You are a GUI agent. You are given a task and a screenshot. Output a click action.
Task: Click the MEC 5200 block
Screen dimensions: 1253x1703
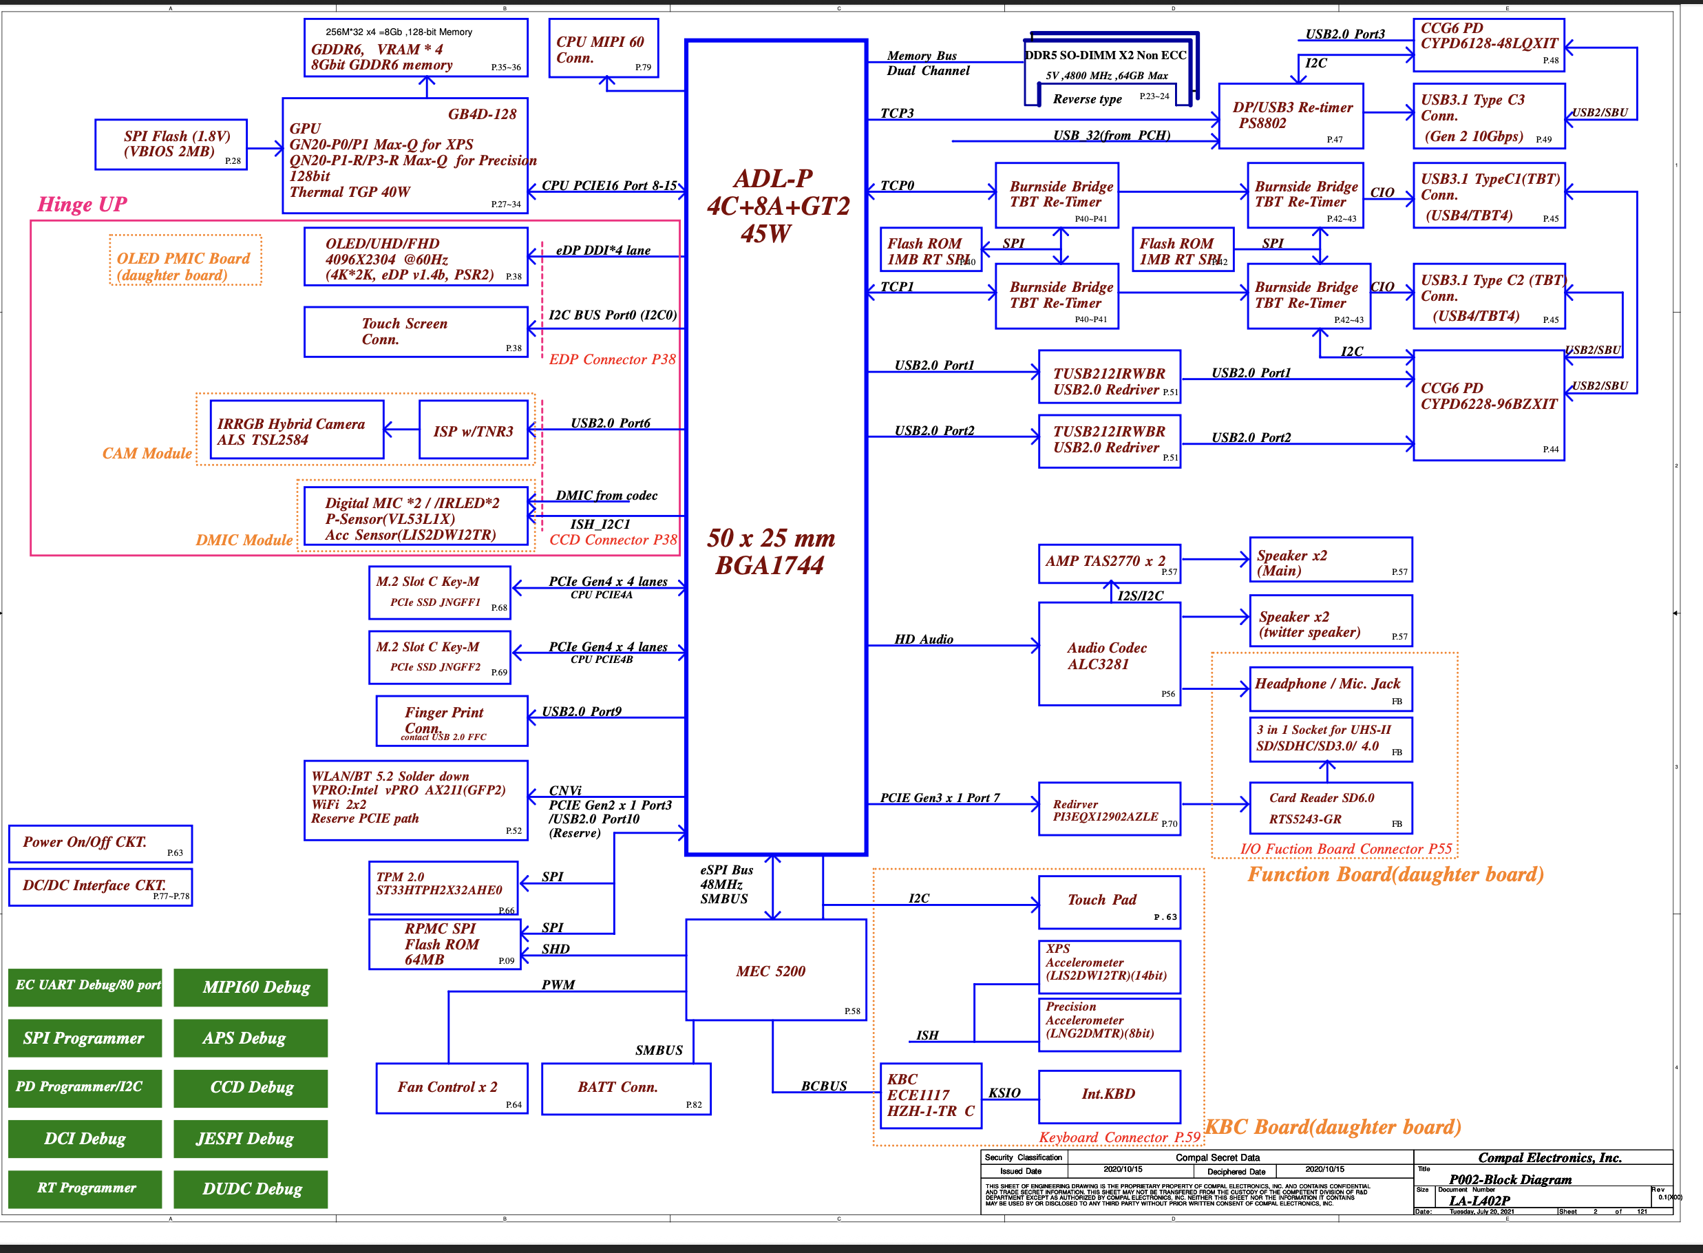click(x=775, y=969)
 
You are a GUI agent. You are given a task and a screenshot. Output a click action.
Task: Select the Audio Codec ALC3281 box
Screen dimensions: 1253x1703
click(x=1108, y=654)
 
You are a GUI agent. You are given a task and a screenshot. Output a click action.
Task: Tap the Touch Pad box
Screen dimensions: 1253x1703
click(x=1108, y=901)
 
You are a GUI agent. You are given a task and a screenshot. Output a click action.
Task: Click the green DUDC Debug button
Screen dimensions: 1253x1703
click(x=251, y=1188)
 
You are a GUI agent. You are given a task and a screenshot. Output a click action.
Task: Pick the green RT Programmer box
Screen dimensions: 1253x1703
click(x=85, y=1188)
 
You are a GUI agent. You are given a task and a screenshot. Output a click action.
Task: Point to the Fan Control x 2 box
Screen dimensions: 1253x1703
click(x=451, y=1088)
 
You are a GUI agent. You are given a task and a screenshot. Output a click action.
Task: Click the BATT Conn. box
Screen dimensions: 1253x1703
click(x=626, y=1088)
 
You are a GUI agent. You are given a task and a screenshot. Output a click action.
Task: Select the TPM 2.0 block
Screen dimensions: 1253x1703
click(x=443, y=886)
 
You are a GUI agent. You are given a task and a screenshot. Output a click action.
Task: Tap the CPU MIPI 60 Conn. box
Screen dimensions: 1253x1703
click(x=603, y=49)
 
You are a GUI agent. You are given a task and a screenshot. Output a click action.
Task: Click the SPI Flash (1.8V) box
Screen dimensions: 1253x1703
click(x=171, y=144)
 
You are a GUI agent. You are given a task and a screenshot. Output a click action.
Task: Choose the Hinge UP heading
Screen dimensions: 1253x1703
click(x=82, y=204)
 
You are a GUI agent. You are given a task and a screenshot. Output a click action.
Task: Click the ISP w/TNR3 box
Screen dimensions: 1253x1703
click(x=473, y=430)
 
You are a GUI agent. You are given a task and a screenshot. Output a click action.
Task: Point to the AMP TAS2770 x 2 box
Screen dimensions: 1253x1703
click(x=1108, y=562)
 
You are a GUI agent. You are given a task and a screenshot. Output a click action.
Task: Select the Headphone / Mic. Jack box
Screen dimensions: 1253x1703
click(x=1330, y=688)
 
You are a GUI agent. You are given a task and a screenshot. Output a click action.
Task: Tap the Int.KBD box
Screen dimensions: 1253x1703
click(x=1108, y=1095)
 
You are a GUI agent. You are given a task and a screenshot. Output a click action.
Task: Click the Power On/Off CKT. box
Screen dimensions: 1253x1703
click(x=100, y=843)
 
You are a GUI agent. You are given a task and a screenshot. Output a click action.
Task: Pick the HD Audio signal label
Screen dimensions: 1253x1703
click(x=923, y=640)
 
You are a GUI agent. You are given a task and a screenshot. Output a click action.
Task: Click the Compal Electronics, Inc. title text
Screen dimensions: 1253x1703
click(x=1549, y=1157)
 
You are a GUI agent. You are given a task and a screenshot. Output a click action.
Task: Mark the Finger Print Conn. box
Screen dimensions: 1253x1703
click(x=451, y=720)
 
